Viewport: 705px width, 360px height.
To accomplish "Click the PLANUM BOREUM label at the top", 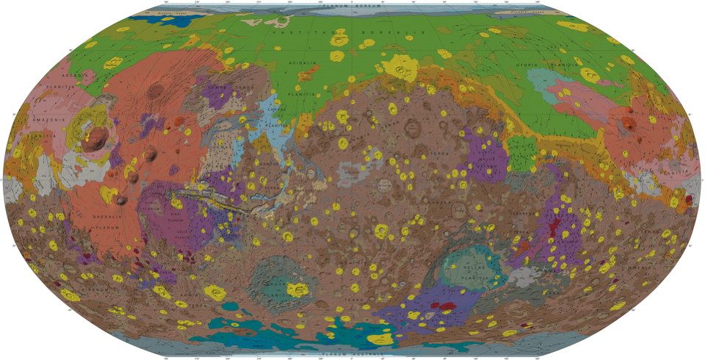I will (353, 6).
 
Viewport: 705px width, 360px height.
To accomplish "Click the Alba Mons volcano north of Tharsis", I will (155, 92).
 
